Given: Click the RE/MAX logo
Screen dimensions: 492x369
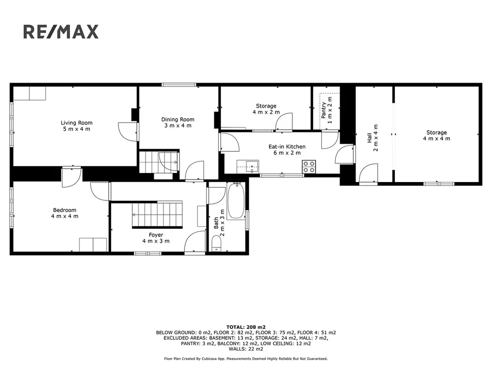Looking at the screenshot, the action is (x=61, y=32).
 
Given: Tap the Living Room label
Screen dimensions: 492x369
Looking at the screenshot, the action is (x=76, y=126).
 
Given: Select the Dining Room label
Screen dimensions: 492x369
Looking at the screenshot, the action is (x=178, y=123).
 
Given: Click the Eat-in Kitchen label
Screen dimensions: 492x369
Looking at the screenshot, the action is (x=287, y=150).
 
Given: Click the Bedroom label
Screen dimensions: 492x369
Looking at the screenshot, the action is (x=65, y=213).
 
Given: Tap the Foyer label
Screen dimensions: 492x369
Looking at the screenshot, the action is (x=156, y=238).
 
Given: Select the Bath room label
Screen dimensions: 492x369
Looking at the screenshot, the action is (x=219, y=222).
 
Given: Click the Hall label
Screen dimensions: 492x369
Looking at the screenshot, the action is (x=372, y=138).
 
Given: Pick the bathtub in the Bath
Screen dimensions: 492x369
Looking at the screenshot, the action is (x=236, y=201).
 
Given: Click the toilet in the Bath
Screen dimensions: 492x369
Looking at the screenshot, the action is (x=217, y=244).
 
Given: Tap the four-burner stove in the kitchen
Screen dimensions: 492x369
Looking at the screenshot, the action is (x=309, y=166).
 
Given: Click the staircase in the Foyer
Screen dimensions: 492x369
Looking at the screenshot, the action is (x=157, y=214).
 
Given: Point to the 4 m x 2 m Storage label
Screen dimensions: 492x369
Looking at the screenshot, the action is (x=266, y=109).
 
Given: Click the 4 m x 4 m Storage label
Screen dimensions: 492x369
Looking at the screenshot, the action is (x=436, y=135).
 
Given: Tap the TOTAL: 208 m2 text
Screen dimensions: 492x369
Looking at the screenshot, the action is (x=246, y=327).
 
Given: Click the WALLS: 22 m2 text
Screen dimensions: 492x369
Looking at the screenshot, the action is (x=246, y=349).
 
